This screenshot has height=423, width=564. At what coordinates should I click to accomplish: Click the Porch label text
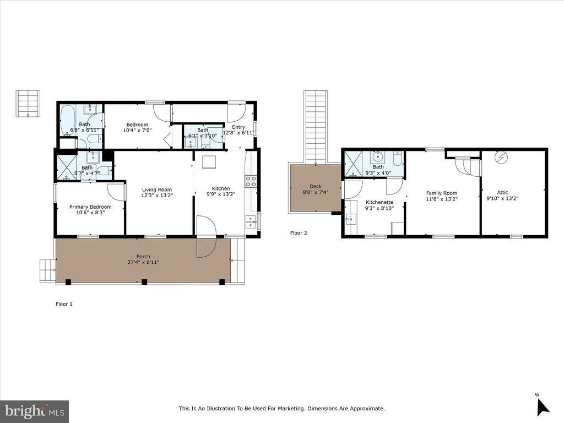[x=143, y=257]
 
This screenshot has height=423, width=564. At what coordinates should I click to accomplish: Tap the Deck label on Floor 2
[x=316, y=186]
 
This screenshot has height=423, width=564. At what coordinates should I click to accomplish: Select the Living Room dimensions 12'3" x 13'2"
[x=157, y=195]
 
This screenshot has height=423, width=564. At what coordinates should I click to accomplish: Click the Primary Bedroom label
[x=90, y=207]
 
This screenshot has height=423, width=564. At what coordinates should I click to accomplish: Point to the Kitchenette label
[x=379, y=202]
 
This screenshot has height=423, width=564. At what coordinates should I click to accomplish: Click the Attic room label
[x=502, y=193]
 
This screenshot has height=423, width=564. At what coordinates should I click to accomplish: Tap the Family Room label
[x=442, y=193]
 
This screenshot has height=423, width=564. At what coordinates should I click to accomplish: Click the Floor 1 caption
[x=64, y=304]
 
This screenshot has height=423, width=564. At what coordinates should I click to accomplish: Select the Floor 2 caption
[x=299, y=233]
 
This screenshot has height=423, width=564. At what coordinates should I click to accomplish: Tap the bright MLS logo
[x=34, y=411]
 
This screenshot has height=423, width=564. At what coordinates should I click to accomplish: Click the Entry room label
[x=238, y=127]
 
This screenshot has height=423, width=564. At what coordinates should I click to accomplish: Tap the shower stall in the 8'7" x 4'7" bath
[x=67, y=167]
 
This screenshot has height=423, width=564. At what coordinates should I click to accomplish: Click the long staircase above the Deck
[x=316, y=127]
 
